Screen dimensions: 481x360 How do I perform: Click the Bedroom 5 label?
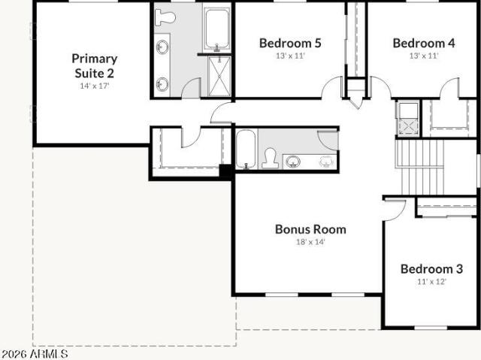[290, 44]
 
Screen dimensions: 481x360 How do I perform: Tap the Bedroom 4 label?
[424, 44]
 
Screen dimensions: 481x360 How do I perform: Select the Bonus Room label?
[310, 229]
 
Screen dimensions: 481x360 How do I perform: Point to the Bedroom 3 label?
[431, 269]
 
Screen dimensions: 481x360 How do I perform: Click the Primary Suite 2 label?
[95, 66]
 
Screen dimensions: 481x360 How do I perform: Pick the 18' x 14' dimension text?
[310, 242]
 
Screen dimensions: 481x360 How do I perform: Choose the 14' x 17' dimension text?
[95, 86]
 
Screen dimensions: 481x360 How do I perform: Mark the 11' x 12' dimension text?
[431, 282]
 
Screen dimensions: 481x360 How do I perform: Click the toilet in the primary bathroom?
[165, 17]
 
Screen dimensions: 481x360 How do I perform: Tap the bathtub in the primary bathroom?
[217, 29]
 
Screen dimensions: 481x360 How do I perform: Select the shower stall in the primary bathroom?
[219, 77]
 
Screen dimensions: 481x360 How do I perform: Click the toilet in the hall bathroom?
[271, 159]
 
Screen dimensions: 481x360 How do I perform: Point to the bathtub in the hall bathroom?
[246, 149]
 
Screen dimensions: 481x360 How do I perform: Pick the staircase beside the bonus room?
[419, 167]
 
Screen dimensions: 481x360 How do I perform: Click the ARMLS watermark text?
[34, 353]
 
